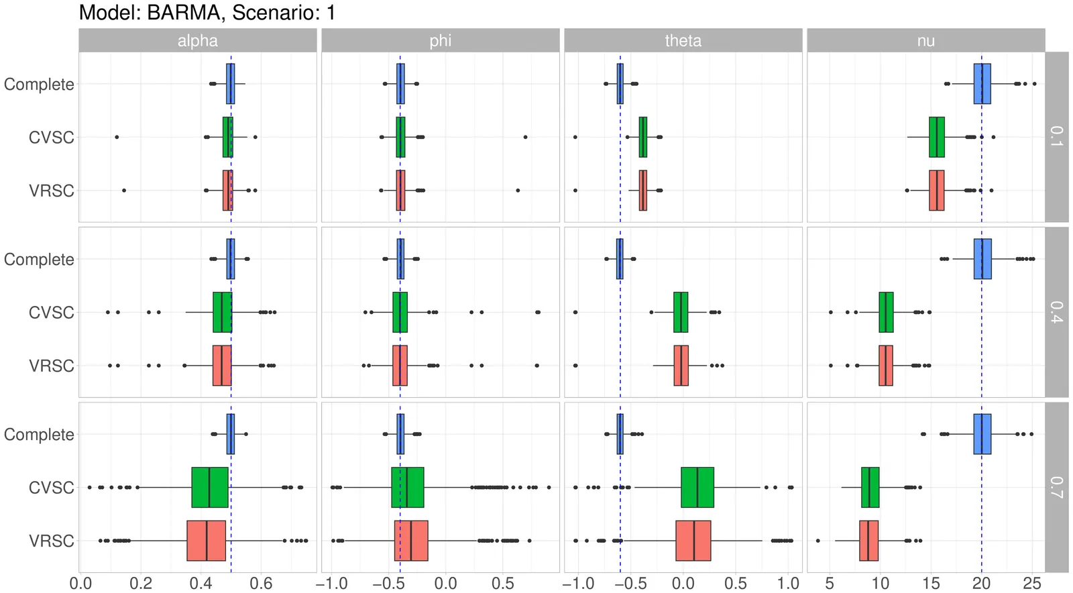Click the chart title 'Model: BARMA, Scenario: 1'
(x=207, y=12)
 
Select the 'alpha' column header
(x=197, y=41)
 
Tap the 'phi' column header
(x=440, y=41)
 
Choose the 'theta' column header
(x=683, y=41)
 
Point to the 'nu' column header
(x=925, y=41)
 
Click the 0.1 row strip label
(x=1056, y=137)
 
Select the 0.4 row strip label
(x=1056, y=312)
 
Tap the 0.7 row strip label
(x=1056, y=487)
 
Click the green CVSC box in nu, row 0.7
(x=870, y=488)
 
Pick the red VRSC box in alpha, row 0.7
(x=206, y=541)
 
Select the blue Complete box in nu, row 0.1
(x=982, y=84)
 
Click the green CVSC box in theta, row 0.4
(x=681, y=313)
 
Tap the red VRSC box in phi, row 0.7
(x=411, y=541)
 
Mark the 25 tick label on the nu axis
(x=1032, y=583)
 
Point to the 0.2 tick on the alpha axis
(x=141, y=583)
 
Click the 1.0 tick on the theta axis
(x=789, y=583)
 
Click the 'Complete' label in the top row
(x=39, y=85)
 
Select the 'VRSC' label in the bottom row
(x=51, y=541)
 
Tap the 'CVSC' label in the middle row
(x=51, y=313)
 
